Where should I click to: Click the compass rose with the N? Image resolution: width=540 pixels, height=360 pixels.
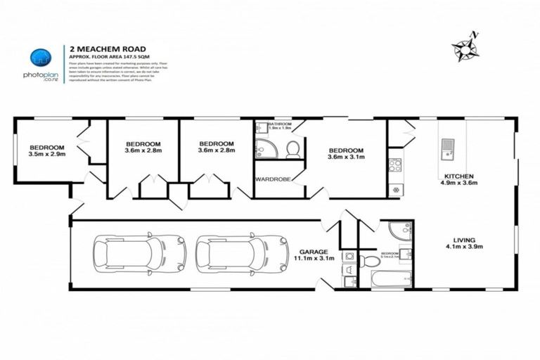[465, 48]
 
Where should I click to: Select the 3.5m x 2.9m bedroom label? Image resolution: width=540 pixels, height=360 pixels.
[47, 150]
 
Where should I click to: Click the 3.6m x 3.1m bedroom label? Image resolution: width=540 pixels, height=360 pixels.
[347, 155]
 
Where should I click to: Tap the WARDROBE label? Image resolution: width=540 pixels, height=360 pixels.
[272, 179]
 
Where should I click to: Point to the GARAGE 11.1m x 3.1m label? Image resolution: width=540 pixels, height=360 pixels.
[313, 254]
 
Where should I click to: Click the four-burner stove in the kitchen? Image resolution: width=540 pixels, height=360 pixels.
[394, 166]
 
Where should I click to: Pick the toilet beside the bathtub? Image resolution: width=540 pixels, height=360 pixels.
[370, 262]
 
